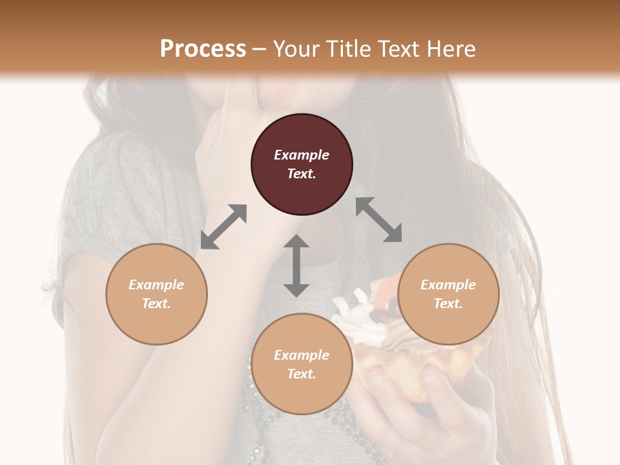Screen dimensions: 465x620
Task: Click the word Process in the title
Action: [203, 48]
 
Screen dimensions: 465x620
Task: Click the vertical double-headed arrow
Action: [296, 265]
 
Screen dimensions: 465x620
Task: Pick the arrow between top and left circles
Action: [223, 227]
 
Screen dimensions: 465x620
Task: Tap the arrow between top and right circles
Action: [378, 220]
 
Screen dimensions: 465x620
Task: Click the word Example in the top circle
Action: [302, 155]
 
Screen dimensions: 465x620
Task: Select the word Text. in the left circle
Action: [156, 304]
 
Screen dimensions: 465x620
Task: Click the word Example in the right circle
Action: [448, 285]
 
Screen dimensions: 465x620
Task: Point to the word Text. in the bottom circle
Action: [302, 374]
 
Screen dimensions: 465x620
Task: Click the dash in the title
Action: [260, 49]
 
